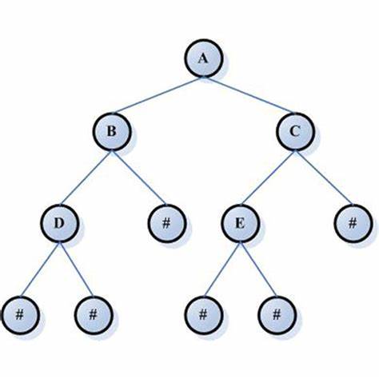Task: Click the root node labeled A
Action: tap(203, 58)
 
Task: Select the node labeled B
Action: tap(112, 131)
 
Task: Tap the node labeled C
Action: tap(295, 131)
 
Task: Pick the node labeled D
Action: tap(60, 223)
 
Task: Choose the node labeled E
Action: tap(240, 223)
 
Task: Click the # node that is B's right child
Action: tap(166, 223)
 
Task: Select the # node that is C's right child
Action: tap(353, 223)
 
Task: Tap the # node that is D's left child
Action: tap(20, 315)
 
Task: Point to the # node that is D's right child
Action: tap(94, 315)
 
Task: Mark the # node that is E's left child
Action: tap(203, 315)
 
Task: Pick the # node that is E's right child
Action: tap(277, 315)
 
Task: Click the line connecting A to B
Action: tap(158, 95)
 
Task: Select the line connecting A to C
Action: tap(249, 95)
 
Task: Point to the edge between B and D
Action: tap(86, 178)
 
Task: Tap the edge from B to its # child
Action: tap(139, 178)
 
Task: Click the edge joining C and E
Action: tap(267, 178)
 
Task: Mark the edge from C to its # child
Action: tap(324, 178)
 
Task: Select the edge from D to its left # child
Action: tap(40, 269)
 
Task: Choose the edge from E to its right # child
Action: tap(258, 269)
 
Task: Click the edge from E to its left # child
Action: tap(221, 269)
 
